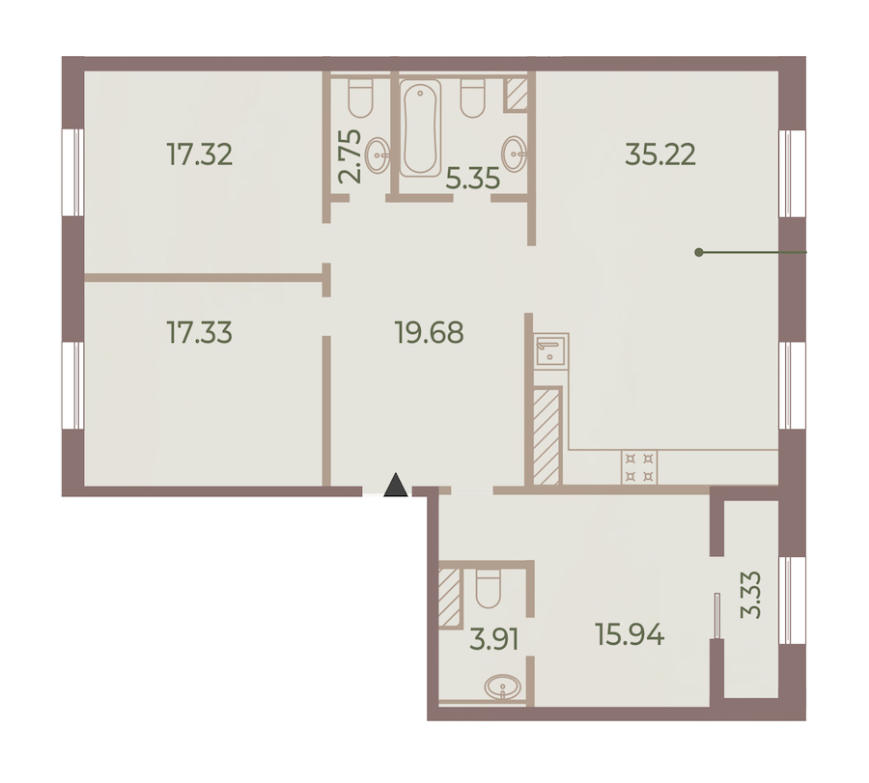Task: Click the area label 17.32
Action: [x=200, y=154]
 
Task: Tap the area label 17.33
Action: [x=200, y=332]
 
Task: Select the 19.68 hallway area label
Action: [x=429, y=332]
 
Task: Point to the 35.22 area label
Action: [x=660, y=154]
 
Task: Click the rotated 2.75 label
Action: [x=350, y=156]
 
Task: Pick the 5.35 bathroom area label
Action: [x=473, y=179]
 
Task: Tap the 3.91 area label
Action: [x=493, y=640]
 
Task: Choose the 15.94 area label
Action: [x=630, y=634]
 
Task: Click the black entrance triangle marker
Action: [x=396, y=485]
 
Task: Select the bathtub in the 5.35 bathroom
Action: [x=421, y=128]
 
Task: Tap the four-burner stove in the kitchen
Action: [x=639, y=467]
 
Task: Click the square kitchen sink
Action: [x=551, y=350]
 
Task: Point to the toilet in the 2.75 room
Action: [x=360, y=98]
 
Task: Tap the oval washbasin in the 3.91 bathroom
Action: [x=503, y=687]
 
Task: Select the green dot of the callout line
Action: [x=699, y=253]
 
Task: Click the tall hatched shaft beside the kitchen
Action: [x=546, y=435]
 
